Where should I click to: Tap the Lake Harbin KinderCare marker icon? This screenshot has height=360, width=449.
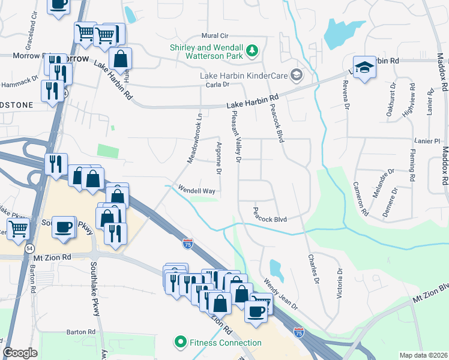296,75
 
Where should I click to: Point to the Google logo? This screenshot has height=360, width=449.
20,353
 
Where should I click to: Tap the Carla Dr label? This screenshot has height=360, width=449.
218,85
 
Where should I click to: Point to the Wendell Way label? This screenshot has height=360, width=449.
196,190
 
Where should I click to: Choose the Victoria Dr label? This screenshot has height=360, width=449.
340,283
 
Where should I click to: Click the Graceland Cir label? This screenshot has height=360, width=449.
31,20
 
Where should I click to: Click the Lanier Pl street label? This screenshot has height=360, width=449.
427,141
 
